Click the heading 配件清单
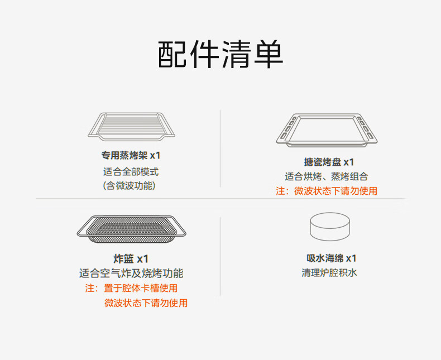click(220, 54)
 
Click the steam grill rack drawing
click(132, 126)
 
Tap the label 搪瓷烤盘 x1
click(329, 162)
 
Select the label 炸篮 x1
click(131, 258)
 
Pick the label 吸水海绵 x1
click(331, 258)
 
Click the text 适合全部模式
click(131, 171)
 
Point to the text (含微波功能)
click(129, 185)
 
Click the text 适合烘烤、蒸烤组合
click(327, 176)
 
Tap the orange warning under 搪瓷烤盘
click(327, 191)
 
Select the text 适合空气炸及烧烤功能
click(131, 273)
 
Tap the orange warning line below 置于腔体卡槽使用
click(146, 303)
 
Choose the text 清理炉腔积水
click(329, 273)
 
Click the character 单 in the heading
click(267, 54)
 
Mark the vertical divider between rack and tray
click(220, 148)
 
